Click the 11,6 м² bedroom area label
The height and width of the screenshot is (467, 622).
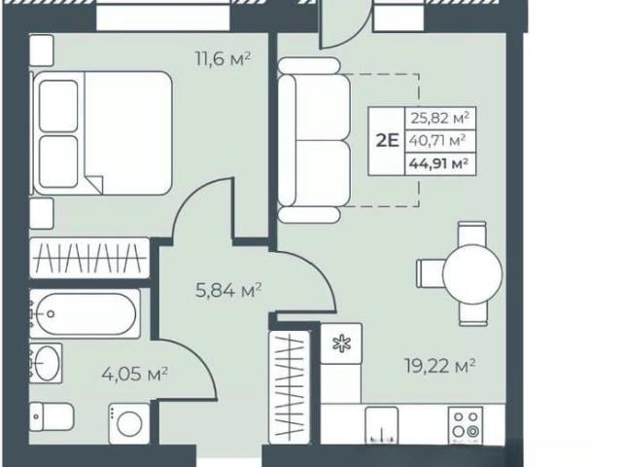click(223, 59)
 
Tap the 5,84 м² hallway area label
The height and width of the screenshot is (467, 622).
click(228, 291)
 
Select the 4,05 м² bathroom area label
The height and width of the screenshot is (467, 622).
click(134, 374)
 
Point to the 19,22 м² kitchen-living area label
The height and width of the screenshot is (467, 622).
click(440, 366)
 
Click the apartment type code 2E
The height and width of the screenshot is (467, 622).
click(387, 140)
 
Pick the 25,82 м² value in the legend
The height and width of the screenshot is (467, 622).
click(440, 118)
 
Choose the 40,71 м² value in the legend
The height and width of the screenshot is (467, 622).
click(437, 140)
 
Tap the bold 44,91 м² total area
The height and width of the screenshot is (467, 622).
click(439, 163)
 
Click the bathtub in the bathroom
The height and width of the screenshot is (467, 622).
click(85, 313)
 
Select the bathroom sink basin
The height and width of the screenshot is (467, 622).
click(47, 363)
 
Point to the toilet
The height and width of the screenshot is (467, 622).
click(52, 416)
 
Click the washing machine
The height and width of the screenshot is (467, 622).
click(129, 423)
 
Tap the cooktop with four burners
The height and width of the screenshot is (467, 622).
click(466, 425)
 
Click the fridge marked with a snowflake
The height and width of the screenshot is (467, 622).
click(341, 343)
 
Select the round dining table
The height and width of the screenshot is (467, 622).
click(472, 274)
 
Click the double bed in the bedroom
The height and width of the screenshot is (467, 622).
click(103, 133)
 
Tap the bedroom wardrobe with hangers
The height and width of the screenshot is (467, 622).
click(89, 258)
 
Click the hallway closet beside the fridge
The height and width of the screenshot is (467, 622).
click(290, 387)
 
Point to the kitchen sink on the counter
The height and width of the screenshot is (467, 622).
click(382, 425)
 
